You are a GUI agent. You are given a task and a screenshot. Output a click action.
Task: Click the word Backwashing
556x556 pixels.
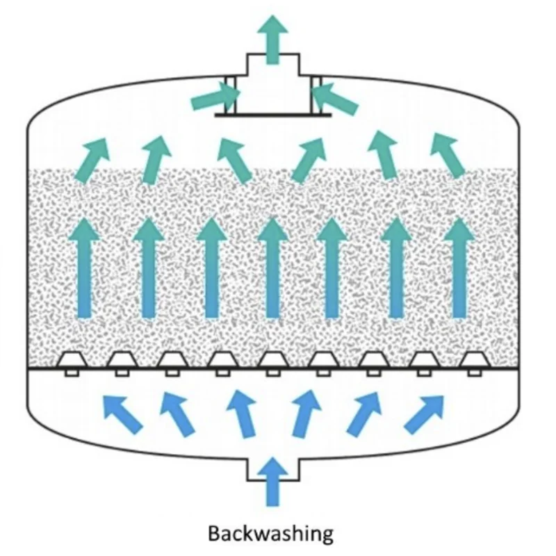click(x=271, y=533)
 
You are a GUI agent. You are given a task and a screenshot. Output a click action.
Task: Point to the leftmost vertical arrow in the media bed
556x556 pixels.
click(x=84, y=268)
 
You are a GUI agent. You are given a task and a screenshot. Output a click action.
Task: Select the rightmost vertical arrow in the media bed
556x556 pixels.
click(x=459, y=268)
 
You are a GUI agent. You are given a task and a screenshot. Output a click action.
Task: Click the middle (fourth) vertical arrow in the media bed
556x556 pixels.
click(x=272, y=268)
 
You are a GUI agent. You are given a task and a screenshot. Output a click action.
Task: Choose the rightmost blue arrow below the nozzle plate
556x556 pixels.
click(x=425, y=413)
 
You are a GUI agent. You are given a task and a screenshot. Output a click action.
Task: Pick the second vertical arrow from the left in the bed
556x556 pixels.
click(x=147, y=268)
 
